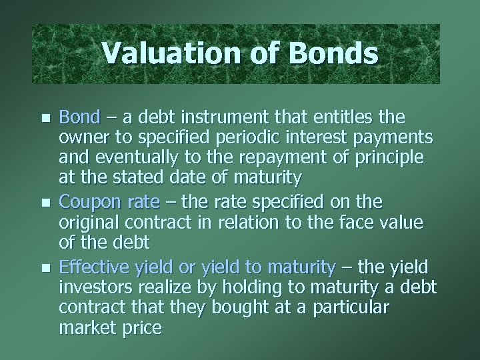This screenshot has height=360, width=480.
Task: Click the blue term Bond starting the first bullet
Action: pos(79,118)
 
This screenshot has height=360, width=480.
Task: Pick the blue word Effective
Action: pos(89,268)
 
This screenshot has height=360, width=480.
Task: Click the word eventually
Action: pos(125,159)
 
